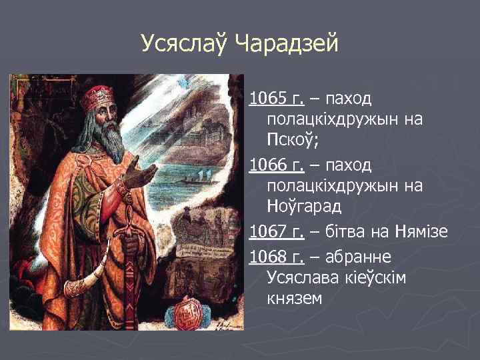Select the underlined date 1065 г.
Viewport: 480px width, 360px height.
point(276,99)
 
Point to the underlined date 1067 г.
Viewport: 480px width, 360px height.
point(276,231)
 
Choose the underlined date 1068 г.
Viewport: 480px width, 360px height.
point(276,256)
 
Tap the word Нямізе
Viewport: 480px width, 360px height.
point(421,231)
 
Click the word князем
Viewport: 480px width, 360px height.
point(293,299)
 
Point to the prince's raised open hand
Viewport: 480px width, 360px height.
point(141,173)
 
